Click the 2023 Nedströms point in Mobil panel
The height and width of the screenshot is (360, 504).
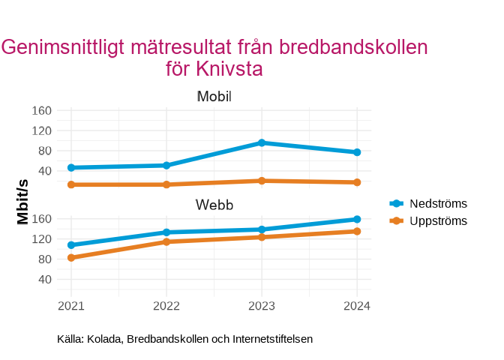tap(262, 142)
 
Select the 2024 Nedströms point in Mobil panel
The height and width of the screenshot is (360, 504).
tap(357, 152)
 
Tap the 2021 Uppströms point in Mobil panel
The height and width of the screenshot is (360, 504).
tap(71, 184)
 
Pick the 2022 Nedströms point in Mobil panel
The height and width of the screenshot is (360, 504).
tap(166, 165)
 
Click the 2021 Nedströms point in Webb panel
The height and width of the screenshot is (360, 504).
tap(71, 245)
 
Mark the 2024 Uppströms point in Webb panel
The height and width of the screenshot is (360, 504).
tap(357, 231)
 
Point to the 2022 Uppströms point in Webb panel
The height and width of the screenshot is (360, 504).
tap(166, 241)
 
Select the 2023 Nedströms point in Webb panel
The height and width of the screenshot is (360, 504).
tap(262, 229)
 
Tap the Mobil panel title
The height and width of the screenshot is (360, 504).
tap(214, 97)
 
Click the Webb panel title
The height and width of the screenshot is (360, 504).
tap(214, 205)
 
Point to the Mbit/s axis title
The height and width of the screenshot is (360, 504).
tap(23, 202)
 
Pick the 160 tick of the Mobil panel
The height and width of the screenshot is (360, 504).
tap(43, 111)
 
